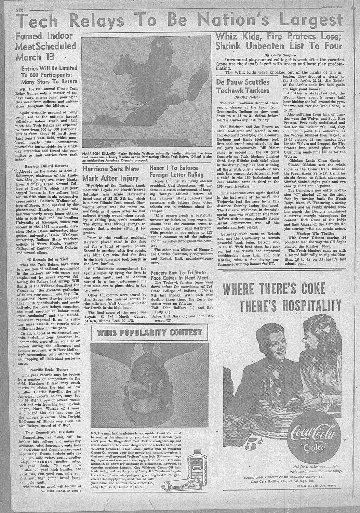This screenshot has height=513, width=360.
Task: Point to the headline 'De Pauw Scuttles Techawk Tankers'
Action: point(243,86)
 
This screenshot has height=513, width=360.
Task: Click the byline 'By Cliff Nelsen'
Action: point(243,97)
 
